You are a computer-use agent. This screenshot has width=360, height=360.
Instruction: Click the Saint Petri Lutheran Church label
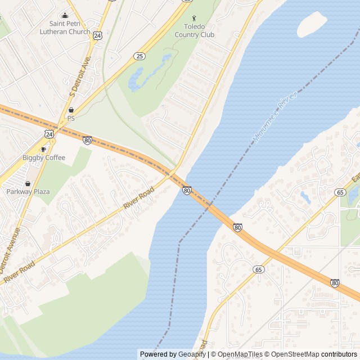point(65,28)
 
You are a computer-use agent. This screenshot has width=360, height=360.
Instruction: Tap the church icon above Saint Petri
point(65,16)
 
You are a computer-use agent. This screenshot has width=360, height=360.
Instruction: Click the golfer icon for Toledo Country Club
point(195,19)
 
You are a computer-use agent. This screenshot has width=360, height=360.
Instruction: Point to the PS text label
point(71,119)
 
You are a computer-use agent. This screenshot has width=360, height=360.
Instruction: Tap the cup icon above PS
point(71,110)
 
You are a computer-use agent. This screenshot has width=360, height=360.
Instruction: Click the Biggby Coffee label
point(44,158)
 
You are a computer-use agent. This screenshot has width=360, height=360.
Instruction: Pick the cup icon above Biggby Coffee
point(44,149)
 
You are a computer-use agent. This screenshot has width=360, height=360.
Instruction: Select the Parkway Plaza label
point(28,192)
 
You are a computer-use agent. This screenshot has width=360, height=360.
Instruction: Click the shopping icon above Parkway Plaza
point(28,183)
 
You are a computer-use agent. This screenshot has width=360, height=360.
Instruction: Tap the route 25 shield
point(139,56)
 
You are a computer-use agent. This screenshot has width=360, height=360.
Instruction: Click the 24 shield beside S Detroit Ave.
point(98,35)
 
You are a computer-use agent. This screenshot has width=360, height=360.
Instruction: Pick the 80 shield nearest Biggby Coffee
point(87,140)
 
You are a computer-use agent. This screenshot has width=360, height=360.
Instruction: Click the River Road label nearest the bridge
point(138,199)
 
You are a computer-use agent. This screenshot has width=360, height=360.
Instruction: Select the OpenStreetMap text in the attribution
point(293,354)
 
